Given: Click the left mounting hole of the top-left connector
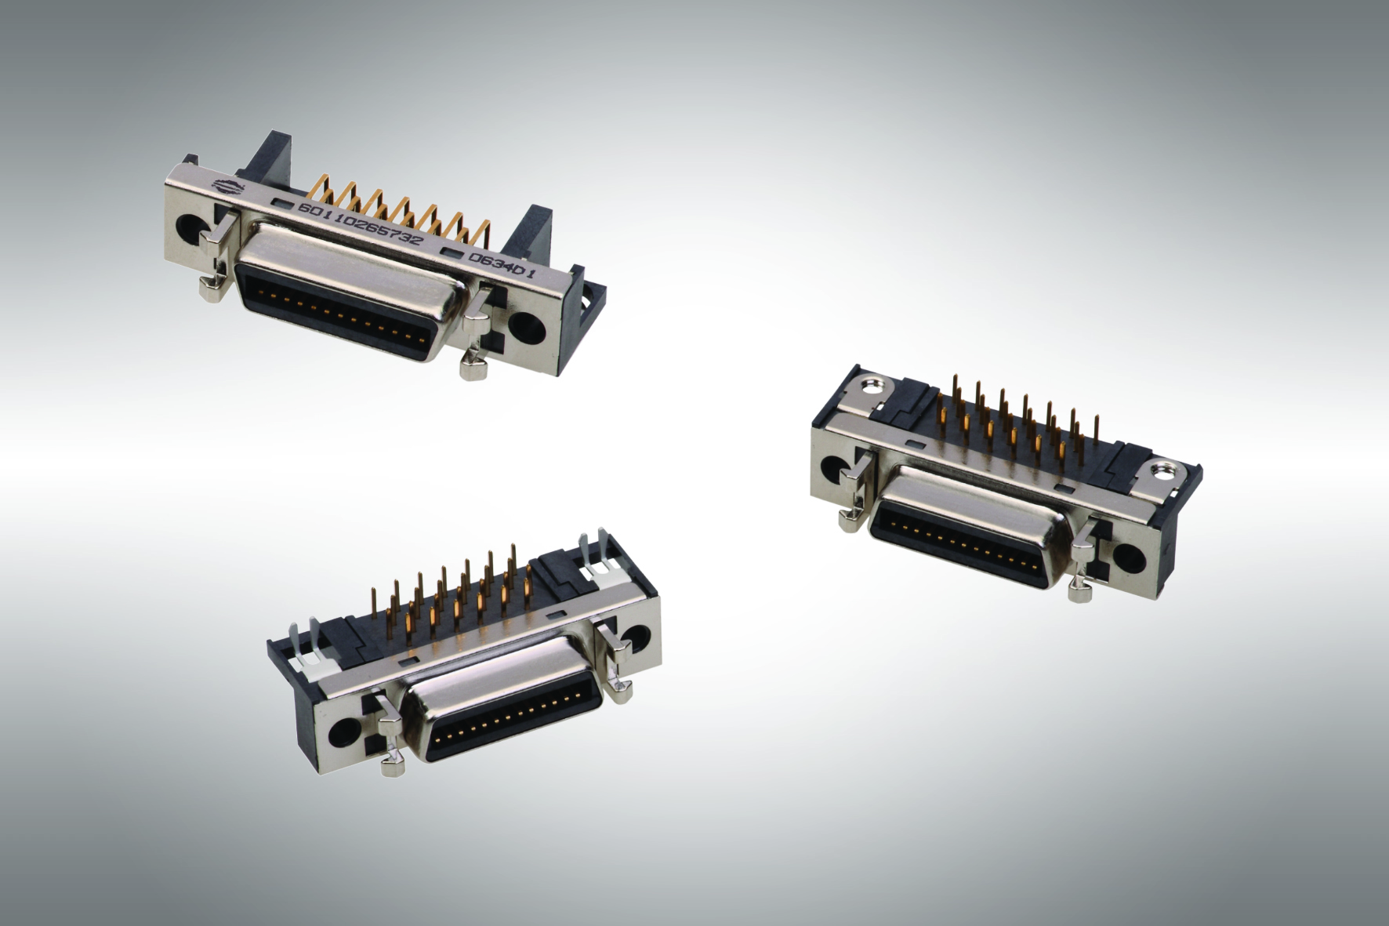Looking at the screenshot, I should pos(191,227).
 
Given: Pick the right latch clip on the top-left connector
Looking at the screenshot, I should pos(474,337).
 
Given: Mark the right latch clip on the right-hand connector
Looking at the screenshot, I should pos(1083,561).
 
